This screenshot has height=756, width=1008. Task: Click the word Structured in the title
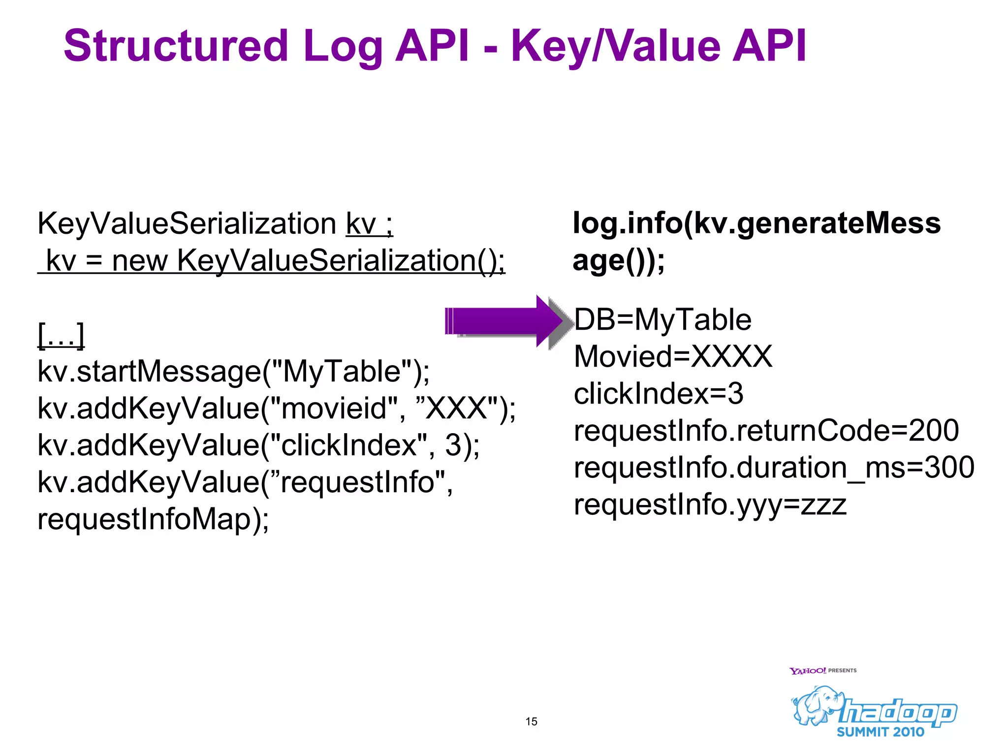point(176,46)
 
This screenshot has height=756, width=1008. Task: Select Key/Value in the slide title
point(615,47)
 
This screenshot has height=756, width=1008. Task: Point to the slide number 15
point(531,722)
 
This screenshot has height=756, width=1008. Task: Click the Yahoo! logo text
point(807,671)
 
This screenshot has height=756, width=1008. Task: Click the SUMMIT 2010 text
point(881,732)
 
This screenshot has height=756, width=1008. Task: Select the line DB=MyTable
point(662,319)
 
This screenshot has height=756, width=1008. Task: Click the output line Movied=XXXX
point(673,356)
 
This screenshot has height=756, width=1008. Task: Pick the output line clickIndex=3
point(658,393)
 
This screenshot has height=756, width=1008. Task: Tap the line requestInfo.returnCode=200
point(766,430)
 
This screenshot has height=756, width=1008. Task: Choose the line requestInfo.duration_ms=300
point(774,467)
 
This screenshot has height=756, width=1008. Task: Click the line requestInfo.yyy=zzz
point(710,504)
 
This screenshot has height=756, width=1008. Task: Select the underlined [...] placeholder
point(61,335)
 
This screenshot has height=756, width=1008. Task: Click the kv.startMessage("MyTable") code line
point(233,371)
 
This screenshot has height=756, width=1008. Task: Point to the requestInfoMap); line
point(153,519)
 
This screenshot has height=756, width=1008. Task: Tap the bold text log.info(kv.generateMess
point(756,223)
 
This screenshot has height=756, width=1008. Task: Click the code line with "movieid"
point(277,408)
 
